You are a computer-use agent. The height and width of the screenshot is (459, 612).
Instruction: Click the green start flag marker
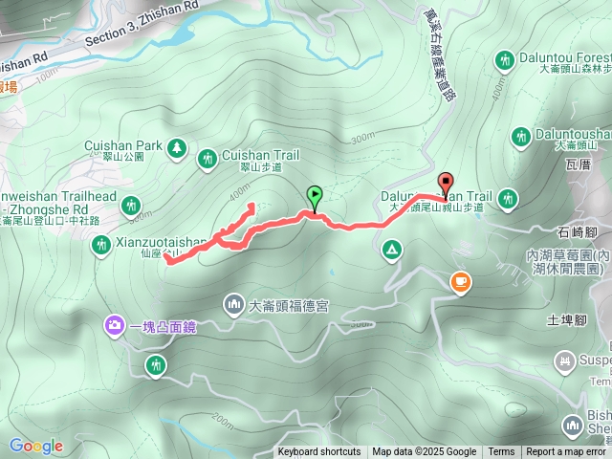[x=314, y=197]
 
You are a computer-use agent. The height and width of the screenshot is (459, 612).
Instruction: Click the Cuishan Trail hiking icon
[x=208, y=157]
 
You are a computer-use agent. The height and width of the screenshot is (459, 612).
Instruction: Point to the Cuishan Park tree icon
[x=176, y=147]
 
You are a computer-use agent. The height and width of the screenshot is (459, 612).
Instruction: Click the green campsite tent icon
[x=391, y=250]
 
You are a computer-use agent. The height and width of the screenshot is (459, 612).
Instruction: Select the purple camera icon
[x=115, y=327]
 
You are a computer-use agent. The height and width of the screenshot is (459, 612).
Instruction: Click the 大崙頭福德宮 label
[x=289, y=306]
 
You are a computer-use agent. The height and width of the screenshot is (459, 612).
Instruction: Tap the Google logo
[x=35, y=446]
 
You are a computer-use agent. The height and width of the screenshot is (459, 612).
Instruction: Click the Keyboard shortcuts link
[x=319, y=452]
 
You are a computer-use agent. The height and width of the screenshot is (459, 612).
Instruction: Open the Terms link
[x=501, y=452]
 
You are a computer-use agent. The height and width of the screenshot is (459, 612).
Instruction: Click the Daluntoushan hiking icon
[x=520, y=137]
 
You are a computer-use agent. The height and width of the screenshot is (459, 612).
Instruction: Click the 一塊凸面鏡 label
[x=163, y=327]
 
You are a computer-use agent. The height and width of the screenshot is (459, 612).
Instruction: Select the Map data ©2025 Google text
[x=424, y=452]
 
